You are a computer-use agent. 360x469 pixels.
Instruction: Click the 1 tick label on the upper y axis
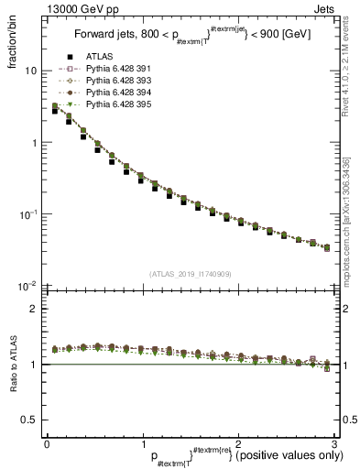(x=33, y=143)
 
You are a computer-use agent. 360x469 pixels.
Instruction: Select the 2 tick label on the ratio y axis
(x=33, y=309)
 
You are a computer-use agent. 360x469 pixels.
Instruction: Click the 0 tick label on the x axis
(x=47, y=443)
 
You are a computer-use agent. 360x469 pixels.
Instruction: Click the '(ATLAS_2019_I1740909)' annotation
(x=190, y=274)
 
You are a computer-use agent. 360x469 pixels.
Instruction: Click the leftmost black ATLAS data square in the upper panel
(x=55, y=110)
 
